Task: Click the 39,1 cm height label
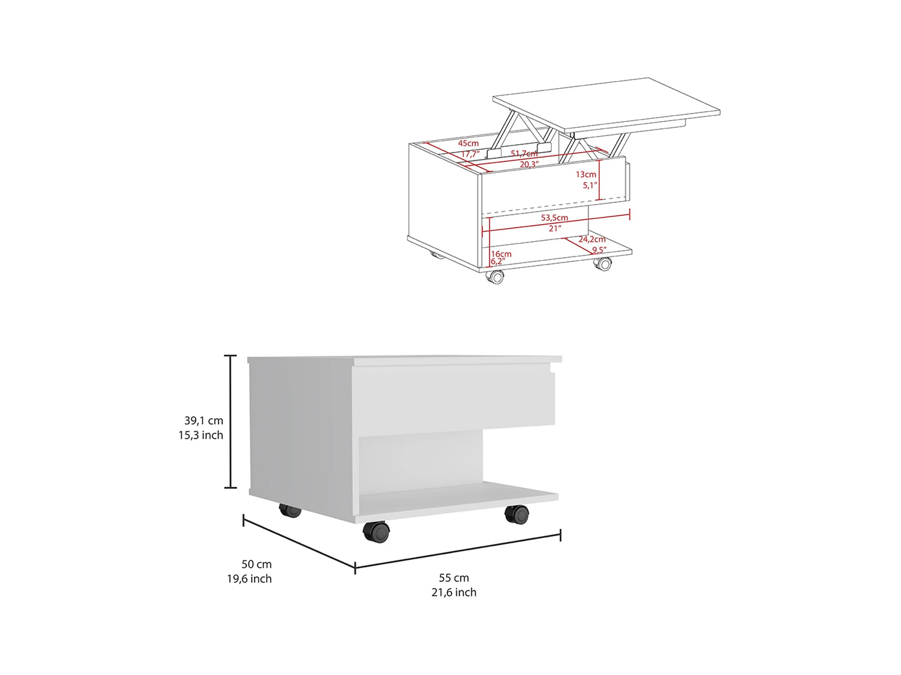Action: pyautogui.click(x=204, y=420)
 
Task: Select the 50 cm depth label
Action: pyautogui.click(x=257, y=564)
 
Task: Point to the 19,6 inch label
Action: pyautogui.click(x=249, y=579)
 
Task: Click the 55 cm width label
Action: pyautogui.click(x=454, y=577)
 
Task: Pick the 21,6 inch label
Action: pyautogui.click(x=454, y=592)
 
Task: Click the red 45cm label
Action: pyautogui.click(x=468, y=143)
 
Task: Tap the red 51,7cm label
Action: pyautogui.click(x=524, y=153)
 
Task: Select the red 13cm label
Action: pyautogui.click(x=586, y=174)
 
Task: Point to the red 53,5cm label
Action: pyautogui.click(x=554, y=218)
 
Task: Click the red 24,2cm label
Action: pyautogui.click(x=592, y=239)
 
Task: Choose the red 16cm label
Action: pyautogui.click(x=501, y=254)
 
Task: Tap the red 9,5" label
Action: pyautogui.click(x=599, y=250)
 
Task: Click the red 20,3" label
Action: pyautogui.click(x=529, y=164)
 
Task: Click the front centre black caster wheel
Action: pyautogui.click(x=376, y=532)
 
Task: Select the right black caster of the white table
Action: pyautogui.click(x=517, y=514)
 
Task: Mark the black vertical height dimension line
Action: pyautogui.click(x=230, y=422)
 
